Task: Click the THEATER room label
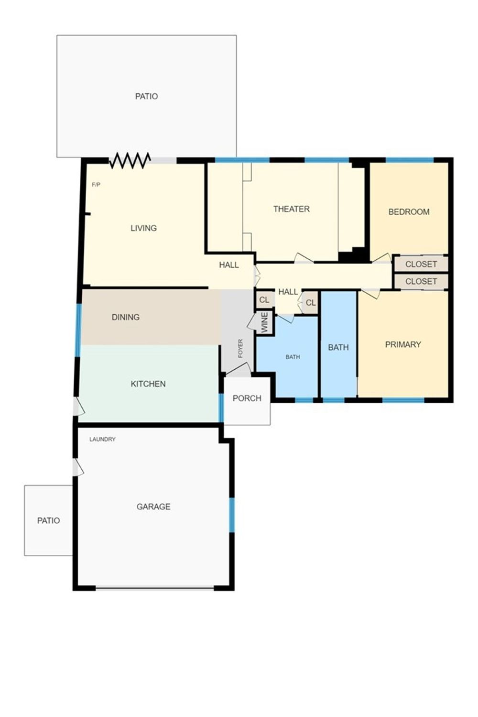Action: [x=291, y=209]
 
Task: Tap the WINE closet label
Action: [x=265, y=323]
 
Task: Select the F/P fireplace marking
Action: [x=96, y=185]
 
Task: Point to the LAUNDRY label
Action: [x=102, y=439]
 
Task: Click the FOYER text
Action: [x=240, y=348]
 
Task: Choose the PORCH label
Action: [x=247, y=398]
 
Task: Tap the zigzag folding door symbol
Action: [x=130, y=160]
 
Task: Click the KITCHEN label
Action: [x=148, y=384]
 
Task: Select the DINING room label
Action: [x=125, y=317]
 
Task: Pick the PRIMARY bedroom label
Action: [x=403, y=344]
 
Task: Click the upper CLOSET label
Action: [x=421, y=264]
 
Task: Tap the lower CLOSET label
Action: [x=421, y=281]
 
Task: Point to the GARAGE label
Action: [x=153, y=507]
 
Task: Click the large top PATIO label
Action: [x=147, y=96]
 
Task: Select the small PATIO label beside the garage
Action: [x=48, y=520]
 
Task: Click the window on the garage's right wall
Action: [x=232, y=515]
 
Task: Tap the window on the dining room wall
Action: [x=78, y=330]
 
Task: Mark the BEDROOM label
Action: [x=409, y=211]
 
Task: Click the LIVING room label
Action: [x=144, y=228]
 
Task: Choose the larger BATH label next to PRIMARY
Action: [x=338, y=347]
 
